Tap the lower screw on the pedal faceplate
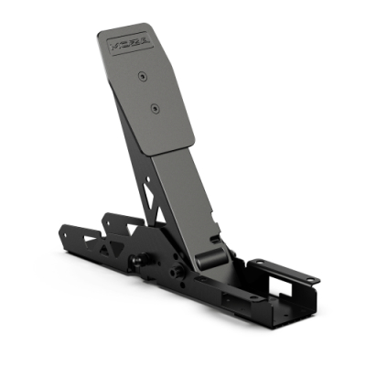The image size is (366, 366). click(x=156, y=108)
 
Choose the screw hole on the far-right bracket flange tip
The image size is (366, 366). click(x=311, y=278)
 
